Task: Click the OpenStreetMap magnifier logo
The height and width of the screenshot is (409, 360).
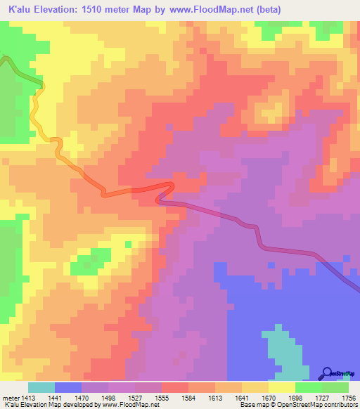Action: pos(327,373)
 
